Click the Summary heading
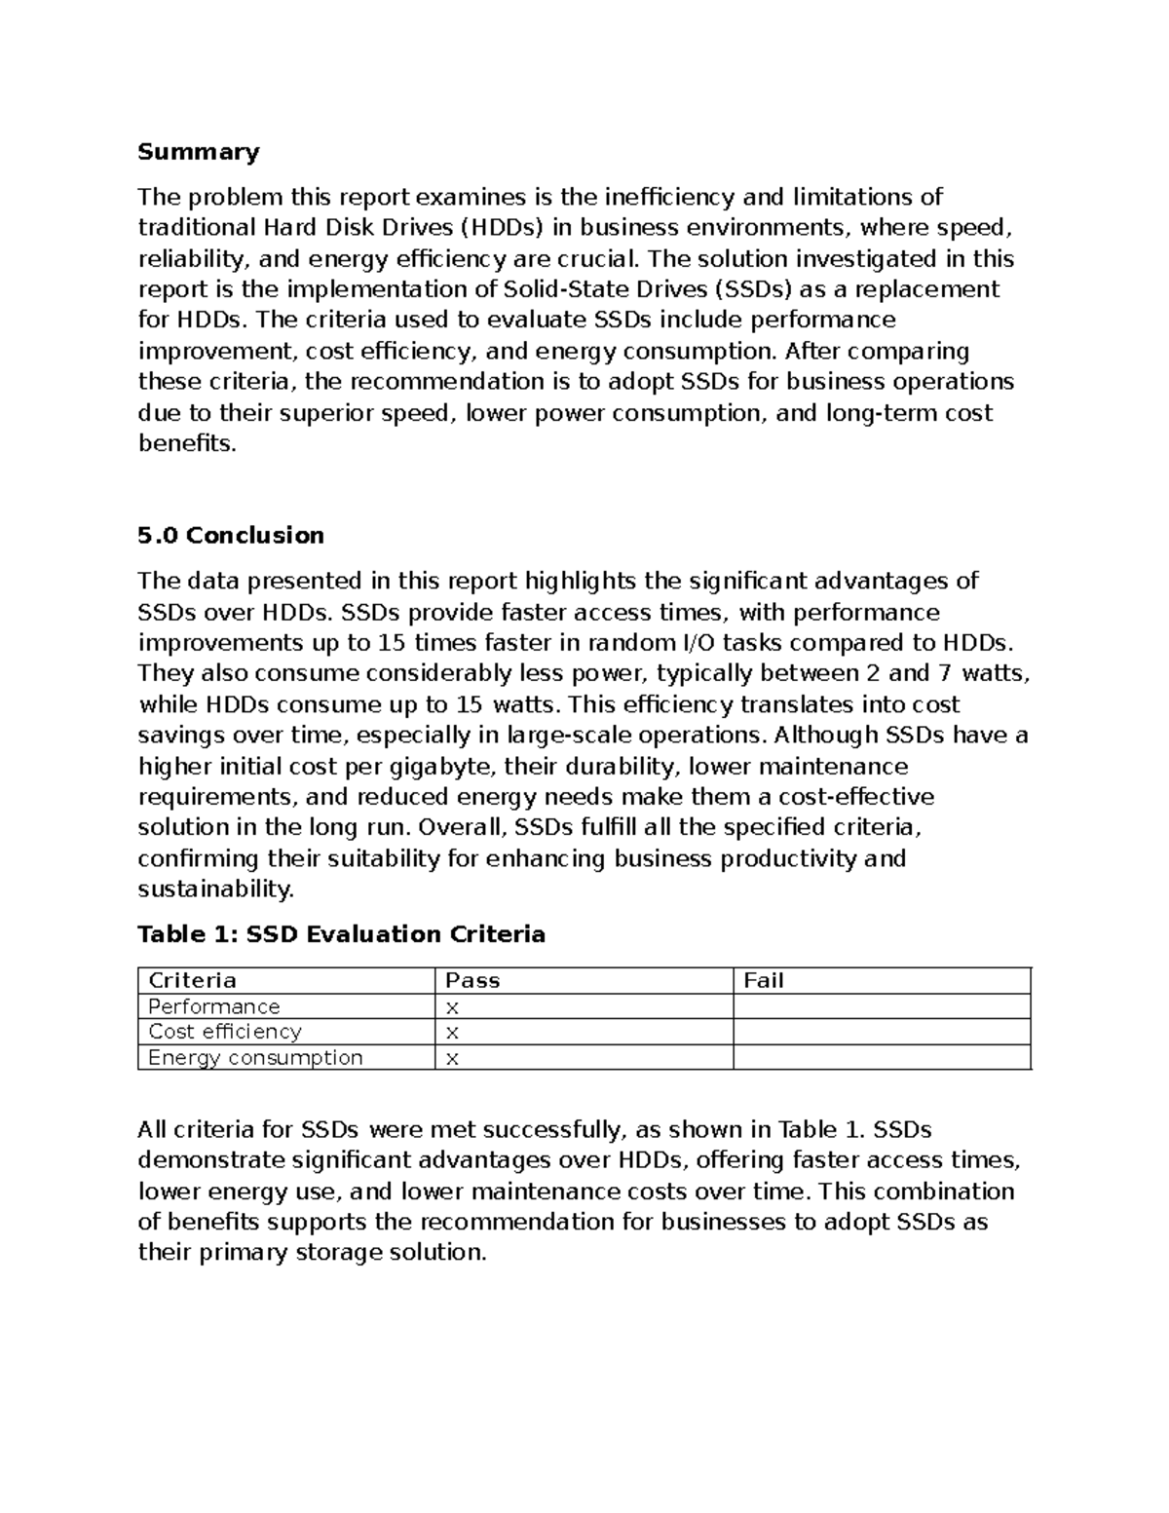tap(199, 152)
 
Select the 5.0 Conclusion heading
tap(231, 536)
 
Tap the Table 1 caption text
tap(341, 935)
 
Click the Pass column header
tap(472, 981)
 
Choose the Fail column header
tap(764, 981)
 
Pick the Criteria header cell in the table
tap(192, 981)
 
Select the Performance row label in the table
tap(213, 1006)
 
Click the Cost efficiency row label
tap(225, 1032)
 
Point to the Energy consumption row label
tap(255, 1058)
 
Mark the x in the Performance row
tap(452, 1008)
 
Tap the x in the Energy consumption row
tap(452, 1060)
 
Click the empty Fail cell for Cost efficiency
tap(881, 1032)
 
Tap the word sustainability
tap(214, 889)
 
